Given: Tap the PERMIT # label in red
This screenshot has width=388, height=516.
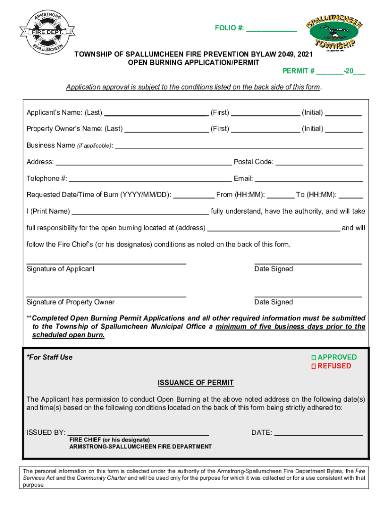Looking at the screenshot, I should (x=298, y=71).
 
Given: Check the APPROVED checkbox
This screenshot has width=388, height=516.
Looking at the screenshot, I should (x=313, y=357).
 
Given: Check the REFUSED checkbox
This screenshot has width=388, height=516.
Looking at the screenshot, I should (x=313, y=366).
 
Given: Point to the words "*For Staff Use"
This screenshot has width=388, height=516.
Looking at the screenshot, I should (x=49, y=357).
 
